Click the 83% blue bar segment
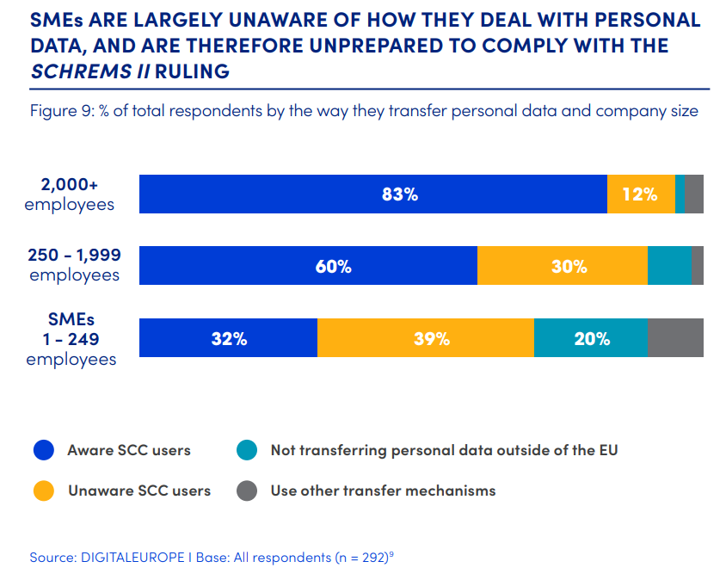[372, 194]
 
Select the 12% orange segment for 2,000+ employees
[641, 194]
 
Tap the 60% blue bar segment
[308, 265]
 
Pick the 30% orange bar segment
[563, 265]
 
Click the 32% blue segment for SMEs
[228, 337]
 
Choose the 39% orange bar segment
[426, 337]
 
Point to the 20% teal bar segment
[591, 337]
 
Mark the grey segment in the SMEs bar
[675, 337]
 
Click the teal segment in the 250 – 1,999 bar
[669, 265]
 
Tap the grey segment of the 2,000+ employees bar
[694, 194]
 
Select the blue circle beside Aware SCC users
[44, 450]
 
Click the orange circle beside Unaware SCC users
[44, 491]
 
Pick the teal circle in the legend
[247, 450]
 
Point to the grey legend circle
[247, 491]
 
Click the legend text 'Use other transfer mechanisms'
[383, 491]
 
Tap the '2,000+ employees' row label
[70, 194]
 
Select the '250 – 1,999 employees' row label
[74, 265]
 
